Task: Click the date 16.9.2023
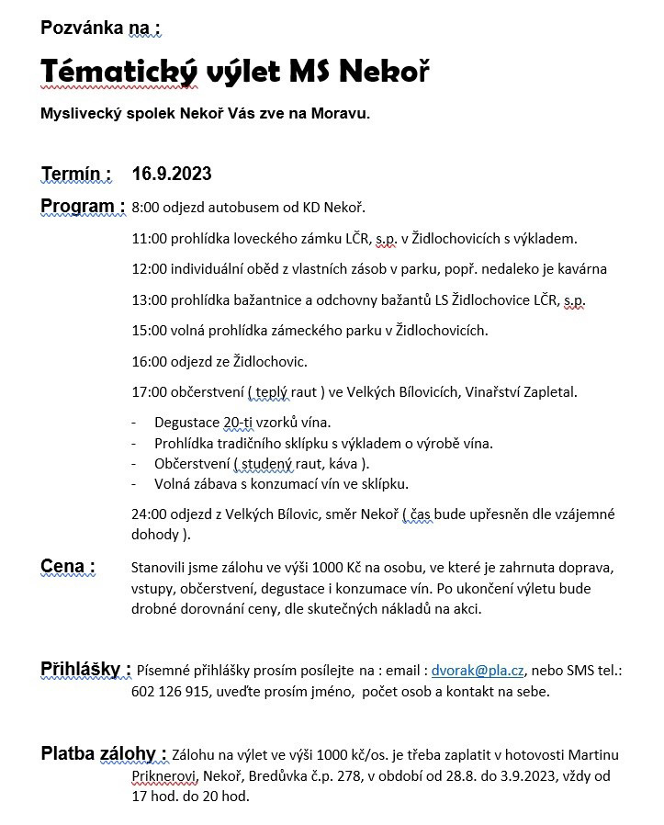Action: click(172, 174)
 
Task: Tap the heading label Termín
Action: click(76, 174)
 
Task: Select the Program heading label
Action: click(83, 205)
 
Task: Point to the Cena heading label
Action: click(68, 566)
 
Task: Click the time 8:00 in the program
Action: click(146, 208)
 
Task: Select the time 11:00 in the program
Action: click(149, 239)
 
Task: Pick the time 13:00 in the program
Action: click(149, 300)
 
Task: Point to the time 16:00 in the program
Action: click(149, 361)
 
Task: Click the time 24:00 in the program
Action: click(149, 514)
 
